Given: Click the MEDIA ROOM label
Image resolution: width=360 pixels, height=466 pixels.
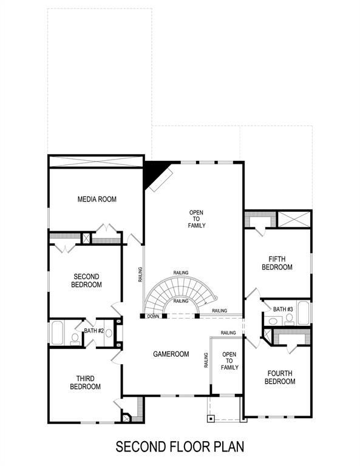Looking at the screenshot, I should (x=97, y=199).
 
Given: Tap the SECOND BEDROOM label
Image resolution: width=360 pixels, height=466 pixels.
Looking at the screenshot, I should (x=86, y=280).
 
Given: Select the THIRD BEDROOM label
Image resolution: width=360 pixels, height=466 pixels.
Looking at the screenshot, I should (x=86, y=383).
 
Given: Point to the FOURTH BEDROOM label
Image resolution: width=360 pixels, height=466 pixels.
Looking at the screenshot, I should (x=280, y=377).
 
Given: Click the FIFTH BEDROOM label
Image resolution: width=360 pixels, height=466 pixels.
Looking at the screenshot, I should (x=277, y=263).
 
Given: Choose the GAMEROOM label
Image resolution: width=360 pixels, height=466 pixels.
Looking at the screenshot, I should (x=171, y=354).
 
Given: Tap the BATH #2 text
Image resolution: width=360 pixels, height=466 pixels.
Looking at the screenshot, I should (x=95, y=331).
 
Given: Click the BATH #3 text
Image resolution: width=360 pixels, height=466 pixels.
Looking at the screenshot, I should (x=283, y=309).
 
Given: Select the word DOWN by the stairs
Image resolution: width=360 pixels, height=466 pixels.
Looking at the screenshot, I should (x=153, y=316).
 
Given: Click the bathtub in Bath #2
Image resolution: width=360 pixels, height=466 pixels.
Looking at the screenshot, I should (x=58, y=333).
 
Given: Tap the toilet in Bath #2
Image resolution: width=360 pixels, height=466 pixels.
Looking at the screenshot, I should (x=75, y=338).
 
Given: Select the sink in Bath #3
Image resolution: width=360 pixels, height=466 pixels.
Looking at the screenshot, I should (x=269, y=320).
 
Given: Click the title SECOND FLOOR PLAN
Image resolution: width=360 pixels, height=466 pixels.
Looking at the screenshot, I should (x=180, y=447).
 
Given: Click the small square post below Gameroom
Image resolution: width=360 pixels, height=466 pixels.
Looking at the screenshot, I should (x=210, y=419).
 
